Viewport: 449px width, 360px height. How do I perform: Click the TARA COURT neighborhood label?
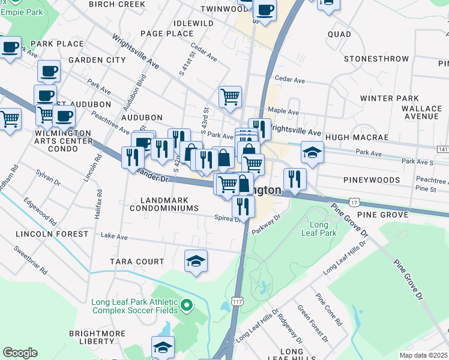[x=137, y=262]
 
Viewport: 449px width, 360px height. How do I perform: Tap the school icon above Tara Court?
[x=196, y=262]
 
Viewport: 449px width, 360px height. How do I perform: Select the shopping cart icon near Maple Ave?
[x=230, y=97]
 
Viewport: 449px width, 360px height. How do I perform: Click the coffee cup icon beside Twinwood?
[x=265, y=10]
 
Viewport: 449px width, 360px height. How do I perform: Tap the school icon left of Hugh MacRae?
[x=312, y=154]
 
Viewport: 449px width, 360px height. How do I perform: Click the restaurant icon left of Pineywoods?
[x=295, y=178]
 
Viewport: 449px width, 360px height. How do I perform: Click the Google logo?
[x=20, y=353]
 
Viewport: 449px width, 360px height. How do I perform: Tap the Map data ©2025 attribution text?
[x=424, y=355]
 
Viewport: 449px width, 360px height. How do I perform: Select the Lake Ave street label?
[x=114, y=237]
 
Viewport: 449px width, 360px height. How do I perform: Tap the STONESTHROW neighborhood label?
[x=376, y=59]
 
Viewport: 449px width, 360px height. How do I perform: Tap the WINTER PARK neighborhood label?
[x=389, y=98]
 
